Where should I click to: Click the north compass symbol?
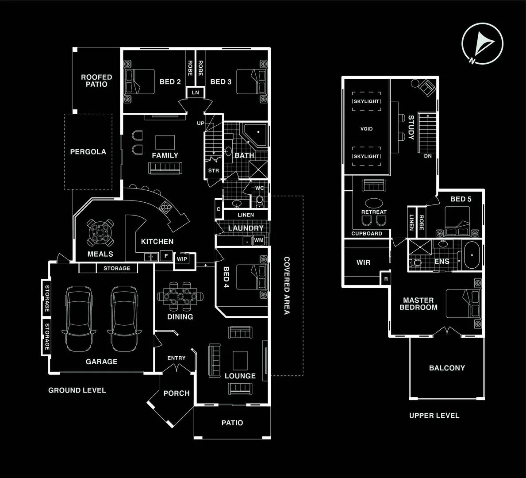(x=482, y=43)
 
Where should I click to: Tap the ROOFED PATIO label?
(x=96, y=81)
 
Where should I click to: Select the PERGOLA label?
(x=88, y=152)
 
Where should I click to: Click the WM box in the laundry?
(x=259, y=240)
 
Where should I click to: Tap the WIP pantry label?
(x=182, y=259)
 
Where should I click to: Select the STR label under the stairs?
(x=214, y=170)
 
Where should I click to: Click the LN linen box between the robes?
(x=195, y=93)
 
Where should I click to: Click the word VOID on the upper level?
(x=367, y=129)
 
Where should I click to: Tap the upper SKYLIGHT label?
(x=366, y=101)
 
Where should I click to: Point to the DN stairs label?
(x=428, y=156)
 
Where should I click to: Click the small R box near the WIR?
(x=386, y=279)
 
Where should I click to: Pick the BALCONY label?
(x=447, y=368)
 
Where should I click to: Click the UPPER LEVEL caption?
(x=434, y=416)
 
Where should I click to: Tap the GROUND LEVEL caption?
(x=77, y=390)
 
